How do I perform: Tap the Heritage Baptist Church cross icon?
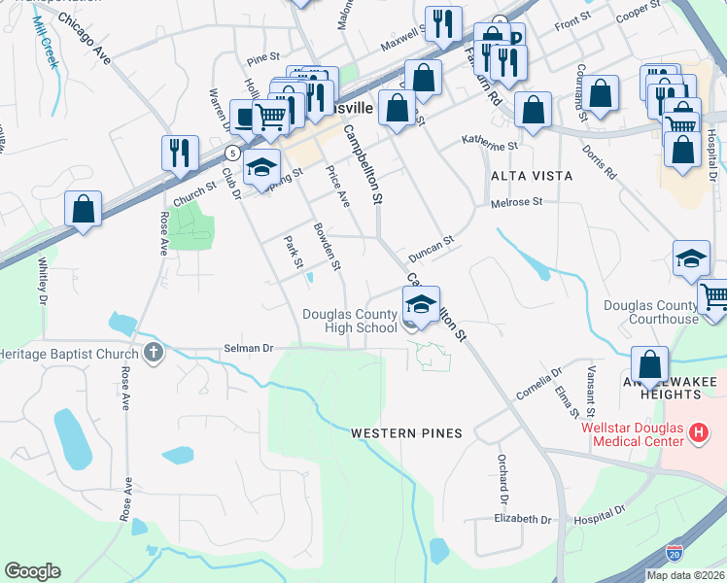[153, 354]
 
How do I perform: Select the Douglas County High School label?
[350, 321]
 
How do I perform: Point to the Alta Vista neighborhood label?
[532, 176]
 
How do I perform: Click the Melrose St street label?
[515, 203]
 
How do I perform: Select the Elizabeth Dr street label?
[522, 519]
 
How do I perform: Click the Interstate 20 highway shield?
[675, 552]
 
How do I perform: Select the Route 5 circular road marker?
[232, 154]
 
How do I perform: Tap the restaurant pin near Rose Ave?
[180, 154]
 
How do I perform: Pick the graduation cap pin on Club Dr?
[261, 167]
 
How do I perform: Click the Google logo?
[32, 571]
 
